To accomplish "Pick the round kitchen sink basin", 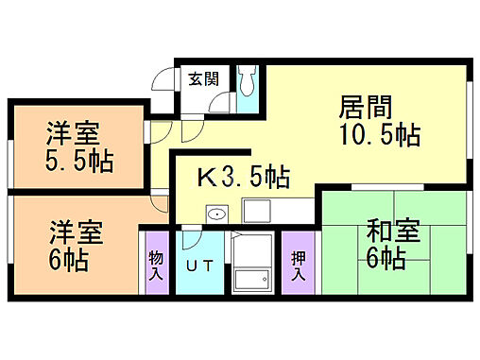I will click(x=216, y=214).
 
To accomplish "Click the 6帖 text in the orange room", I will click(x=69, y=260).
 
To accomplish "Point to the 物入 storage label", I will click(x=155, y=265).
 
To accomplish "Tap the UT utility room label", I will click(x=200, y=265).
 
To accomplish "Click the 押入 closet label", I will click(x=298, y=265).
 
